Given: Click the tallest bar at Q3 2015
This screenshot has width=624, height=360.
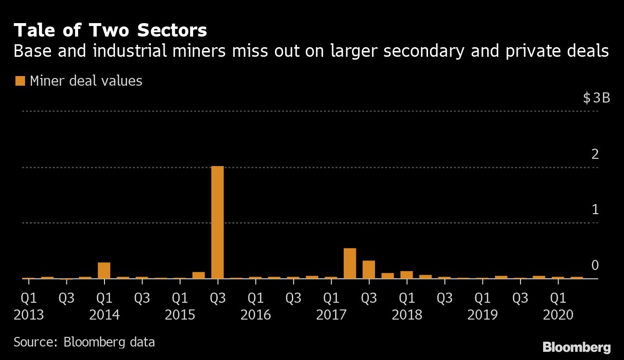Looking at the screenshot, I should point(217,222).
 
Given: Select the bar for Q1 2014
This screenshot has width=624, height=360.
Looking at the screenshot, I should point(104,270).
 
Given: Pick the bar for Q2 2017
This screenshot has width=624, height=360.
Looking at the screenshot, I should point(350,263).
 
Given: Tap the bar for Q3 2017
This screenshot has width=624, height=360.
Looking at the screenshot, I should point(368,269).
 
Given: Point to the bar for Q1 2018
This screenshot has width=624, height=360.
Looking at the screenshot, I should point(406,274).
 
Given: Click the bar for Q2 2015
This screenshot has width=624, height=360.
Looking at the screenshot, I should point(198,275).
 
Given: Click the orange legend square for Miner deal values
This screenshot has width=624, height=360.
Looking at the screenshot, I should point(20,81).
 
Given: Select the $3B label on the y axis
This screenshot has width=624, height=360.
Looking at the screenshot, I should point(596,98).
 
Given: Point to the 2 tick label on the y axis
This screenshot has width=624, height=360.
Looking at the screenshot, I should point(595,154).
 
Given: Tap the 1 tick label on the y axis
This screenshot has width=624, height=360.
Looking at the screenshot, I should point(595,209).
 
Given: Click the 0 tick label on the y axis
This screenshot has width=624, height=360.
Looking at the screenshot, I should point(595,265).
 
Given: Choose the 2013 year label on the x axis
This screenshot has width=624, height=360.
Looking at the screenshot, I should point(28,315).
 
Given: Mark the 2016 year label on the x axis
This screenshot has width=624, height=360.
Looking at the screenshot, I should point(255,315).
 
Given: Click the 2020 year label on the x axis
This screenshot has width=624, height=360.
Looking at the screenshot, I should point(558,315).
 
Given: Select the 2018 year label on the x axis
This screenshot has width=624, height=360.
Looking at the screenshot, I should point(407,315).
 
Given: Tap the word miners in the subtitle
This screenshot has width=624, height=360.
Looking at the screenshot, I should point(170,51).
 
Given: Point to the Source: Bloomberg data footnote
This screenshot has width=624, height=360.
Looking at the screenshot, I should point(84,342).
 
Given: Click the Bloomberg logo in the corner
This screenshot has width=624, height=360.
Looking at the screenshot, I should point(576,347).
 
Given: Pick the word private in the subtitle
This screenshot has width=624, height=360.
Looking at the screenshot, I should point(529,51).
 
